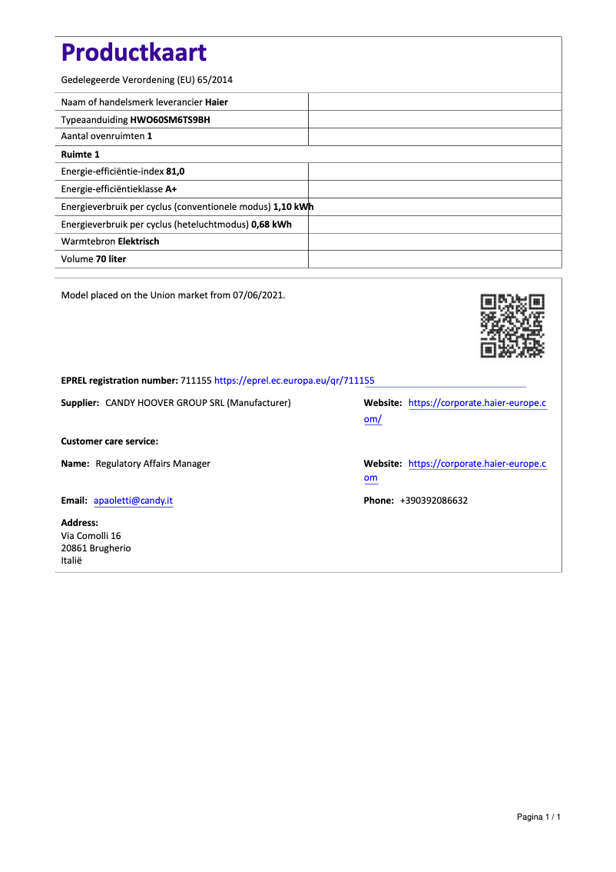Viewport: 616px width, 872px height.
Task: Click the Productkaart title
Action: (134, 53)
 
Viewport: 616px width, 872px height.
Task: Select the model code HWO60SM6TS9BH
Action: (170, 119)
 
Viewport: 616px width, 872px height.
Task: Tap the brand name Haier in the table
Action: (217, 102)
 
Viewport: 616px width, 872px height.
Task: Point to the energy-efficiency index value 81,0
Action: (175, 171)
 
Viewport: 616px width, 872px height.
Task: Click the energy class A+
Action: (171, 189)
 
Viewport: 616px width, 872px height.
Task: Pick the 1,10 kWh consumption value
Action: (293, 207)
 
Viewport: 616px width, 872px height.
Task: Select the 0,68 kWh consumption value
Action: (271, 224)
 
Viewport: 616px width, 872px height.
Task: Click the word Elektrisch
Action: (138, 241)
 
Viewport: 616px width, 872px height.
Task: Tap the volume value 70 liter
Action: (111, 259)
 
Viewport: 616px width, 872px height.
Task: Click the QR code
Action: (512, 325)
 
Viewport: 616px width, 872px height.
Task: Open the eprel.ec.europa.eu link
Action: (294, 381)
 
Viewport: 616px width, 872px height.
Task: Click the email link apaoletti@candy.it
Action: (133, 501)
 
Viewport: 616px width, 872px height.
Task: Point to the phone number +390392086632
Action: (434, 501)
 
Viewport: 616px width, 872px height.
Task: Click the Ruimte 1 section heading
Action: (80, 155)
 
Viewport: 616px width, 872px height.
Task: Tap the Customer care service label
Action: (109, 441)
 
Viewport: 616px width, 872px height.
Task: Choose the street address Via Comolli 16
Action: (91, 536)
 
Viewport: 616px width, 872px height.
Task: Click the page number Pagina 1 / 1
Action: (538, 817)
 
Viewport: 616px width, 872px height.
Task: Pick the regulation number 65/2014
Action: (214, 80)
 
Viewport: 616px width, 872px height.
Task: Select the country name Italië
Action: (71, 561)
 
